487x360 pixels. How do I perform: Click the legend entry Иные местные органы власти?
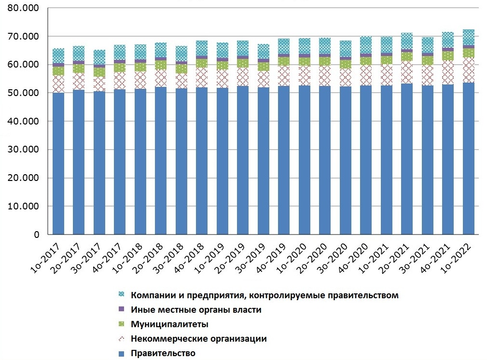click(196, 310)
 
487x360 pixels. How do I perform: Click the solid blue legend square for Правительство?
click(122, 354)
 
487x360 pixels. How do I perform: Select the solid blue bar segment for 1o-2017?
click(58, 164)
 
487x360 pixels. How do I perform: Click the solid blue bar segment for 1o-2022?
click(468, 159)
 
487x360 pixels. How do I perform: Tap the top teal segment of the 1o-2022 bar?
click(468, 37)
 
